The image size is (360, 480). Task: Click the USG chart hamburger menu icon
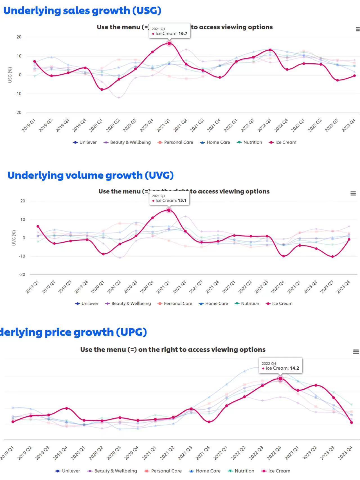pos(357,29)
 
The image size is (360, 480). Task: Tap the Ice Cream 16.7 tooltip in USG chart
pos(170,31)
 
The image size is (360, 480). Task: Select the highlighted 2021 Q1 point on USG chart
pos(169,43)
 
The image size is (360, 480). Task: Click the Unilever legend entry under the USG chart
pos(85,142)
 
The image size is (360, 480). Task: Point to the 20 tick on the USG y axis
pos(19,37)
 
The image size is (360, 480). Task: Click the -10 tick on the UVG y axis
pos(22,256)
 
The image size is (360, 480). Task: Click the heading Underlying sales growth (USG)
pos(82,11)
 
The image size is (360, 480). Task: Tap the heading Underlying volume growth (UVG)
pos(90,175)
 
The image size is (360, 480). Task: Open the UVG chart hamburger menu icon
pos(353,193)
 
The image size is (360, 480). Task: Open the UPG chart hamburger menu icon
pos(356,352)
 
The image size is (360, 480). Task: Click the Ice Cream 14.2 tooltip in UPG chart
pos(280,366)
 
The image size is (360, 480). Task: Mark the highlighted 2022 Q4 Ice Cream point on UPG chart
pos(280,379)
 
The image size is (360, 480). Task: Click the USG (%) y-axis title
pos(10,75)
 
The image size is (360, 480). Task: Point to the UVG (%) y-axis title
pos(14,238)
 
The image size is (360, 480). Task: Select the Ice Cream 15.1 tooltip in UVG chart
pos(169,198)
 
